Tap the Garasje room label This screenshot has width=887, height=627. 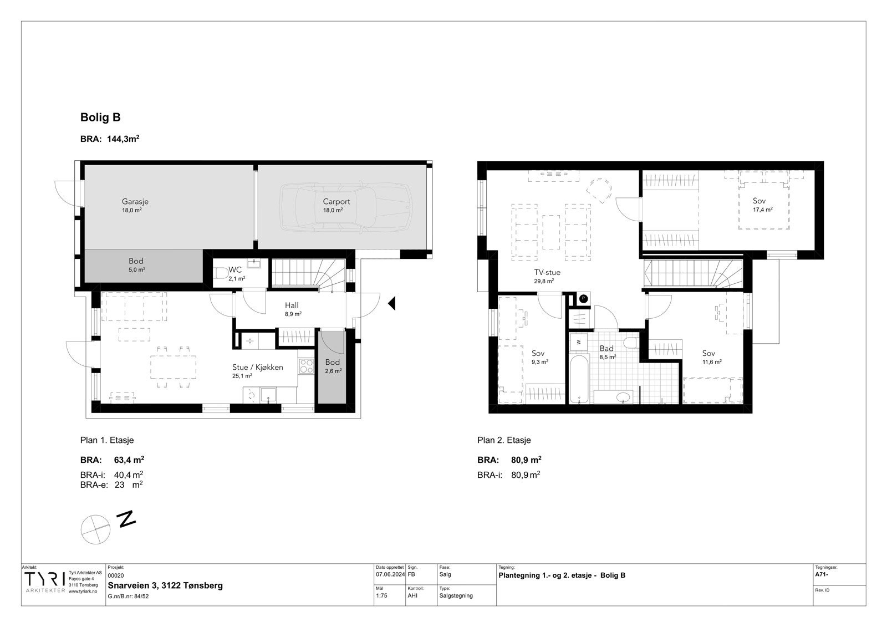[135, 202]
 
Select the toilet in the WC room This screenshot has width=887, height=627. [221, 273]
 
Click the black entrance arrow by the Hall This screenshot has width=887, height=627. [391, 303]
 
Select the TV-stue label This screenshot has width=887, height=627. [547, 272]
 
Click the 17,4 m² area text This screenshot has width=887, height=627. [762, 210]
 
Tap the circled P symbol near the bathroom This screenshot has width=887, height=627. [583, 299]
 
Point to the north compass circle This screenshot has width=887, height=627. [95, 529]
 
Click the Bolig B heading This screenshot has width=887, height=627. [100, 118]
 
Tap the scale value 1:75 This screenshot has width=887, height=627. [383, 596]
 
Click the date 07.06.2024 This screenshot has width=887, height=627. [390, 574]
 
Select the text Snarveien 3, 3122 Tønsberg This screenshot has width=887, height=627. [165, 585]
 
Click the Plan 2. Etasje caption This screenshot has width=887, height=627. [504, 440]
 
